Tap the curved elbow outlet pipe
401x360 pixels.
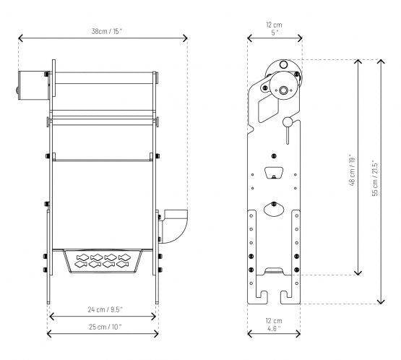pos(174,226)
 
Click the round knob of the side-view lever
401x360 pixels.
pos(286,121)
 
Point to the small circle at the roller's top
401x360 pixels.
pos(282,65)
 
